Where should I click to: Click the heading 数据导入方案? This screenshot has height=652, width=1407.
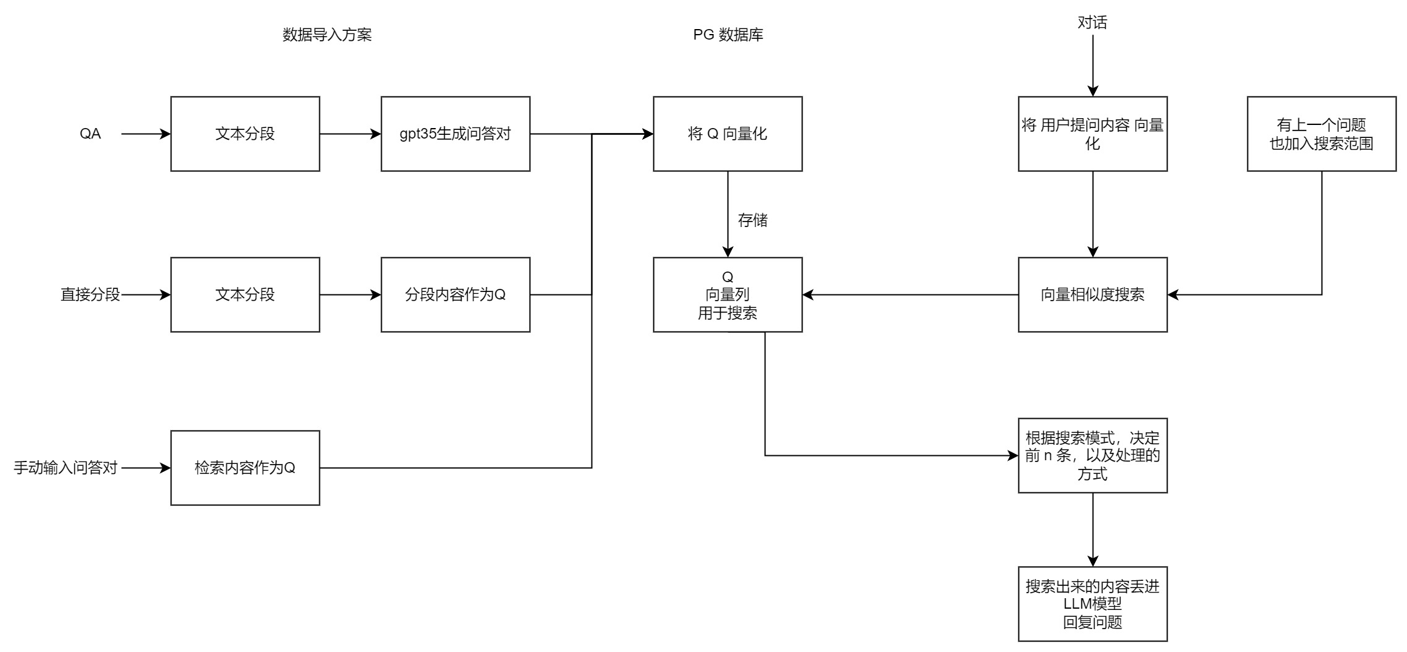pyautogui.click(x=327, y=35)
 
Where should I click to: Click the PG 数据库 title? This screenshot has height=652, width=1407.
pyautogui.click(x=728, y=35)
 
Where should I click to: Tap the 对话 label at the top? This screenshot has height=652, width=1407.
pyautogui.click(x=1092, y=23)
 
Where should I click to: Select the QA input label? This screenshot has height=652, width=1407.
pyautogui.click(x=90, y=134)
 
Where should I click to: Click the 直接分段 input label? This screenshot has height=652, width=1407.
pyautogui.click(x=90, y=294)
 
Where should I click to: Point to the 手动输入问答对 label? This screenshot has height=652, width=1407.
pyautogui.click(x=66, y=468)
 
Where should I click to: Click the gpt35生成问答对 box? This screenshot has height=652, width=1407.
pyautogui.click(x=455, y=134)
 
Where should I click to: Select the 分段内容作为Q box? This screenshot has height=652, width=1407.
pyautogui.click(x=455, y=294)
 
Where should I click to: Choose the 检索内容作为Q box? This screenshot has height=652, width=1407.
pyautogui.click(x=245, y=468)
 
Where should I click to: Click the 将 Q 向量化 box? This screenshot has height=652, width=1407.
pyautogui.click(x=728, y=134)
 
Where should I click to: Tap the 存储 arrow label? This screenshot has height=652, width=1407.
pyautogui.click(x=752, y=220)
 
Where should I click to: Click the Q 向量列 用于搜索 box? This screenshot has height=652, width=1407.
pyautogui.click(x=728, y=294)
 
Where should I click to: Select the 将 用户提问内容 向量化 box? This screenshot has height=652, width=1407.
pyautogui.click(x=1093, y=134)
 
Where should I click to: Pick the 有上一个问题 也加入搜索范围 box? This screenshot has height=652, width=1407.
pyautogui.click(x=1322, y=134)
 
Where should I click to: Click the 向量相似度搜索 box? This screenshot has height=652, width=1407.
pyautogui.click(x=1093, y=294)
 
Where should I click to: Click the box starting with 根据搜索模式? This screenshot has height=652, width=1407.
pyautogui.click(x=1093, y=456)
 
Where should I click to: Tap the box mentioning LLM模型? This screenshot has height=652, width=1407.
pyautogui.click(x=1093, y=604)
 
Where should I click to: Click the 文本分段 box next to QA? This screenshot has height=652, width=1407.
pyautogui.click(x=245, y=134)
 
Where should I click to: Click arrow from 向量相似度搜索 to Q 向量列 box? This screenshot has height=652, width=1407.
pyautogui.click(x=910, y=295)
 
